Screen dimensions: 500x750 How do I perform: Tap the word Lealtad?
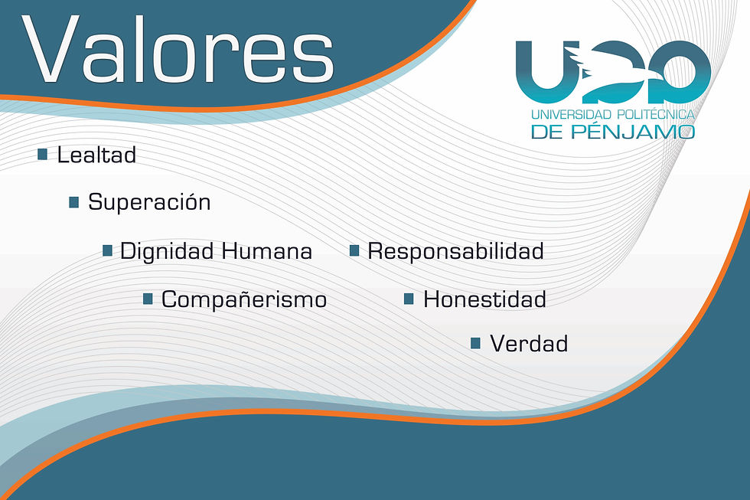pos(96,155)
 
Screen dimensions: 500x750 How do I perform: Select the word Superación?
pos(149,202)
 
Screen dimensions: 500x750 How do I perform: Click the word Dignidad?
pos(168,251)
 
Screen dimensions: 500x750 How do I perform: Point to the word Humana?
pos(267,251)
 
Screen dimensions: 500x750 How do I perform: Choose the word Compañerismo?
pos(244,299)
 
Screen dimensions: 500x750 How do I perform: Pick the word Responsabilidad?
pos(455,251)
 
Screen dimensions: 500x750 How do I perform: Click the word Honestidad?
pos(484,299)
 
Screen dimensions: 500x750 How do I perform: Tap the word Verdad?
pos(529,344)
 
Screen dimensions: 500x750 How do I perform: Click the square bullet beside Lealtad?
pos(43,155)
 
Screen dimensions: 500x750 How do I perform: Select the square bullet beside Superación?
pos(74,202)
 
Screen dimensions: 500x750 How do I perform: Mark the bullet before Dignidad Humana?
pos(108,250)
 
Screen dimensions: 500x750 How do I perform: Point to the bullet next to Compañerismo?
pos(148,299)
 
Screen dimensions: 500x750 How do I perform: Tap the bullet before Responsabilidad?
pos(354,250)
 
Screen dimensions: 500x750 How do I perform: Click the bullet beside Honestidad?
pos(409,299)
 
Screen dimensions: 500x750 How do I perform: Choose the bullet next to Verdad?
pos(475,344)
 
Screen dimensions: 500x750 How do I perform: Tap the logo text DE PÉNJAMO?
pos(612,132)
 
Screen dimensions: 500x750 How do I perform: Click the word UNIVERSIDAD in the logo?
pos(575,115)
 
